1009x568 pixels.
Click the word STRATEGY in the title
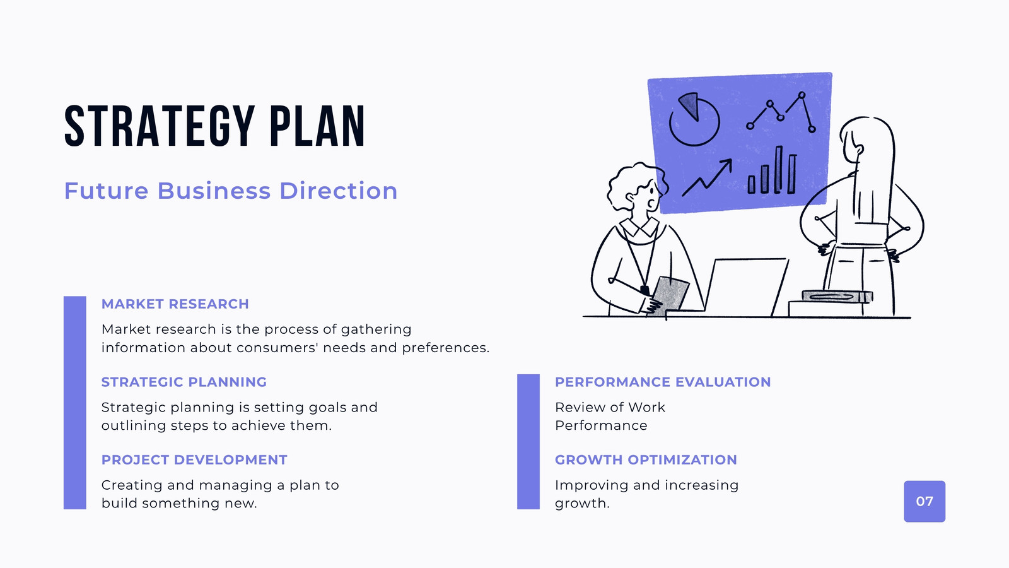tap(160, 126)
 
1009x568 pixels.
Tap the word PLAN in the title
tap(317, 126)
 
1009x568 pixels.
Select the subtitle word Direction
tap(338, 191)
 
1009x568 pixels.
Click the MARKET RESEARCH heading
tap(175, 304)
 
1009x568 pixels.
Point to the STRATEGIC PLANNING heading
tap(184, 382)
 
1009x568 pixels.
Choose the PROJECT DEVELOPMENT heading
tap(194, 460)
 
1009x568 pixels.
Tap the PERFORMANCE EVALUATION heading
tap(663, 382)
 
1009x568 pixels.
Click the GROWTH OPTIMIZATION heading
tap(646, 460)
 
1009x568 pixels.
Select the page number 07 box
tap(924, 501)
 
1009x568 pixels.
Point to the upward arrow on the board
tap(707, 177)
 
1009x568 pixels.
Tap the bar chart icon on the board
tap(772, 170)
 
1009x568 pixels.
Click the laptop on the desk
tap(745, 287)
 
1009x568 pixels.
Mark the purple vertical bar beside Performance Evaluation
tap(528, 442)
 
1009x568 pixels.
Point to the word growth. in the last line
tap(582, 504)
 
